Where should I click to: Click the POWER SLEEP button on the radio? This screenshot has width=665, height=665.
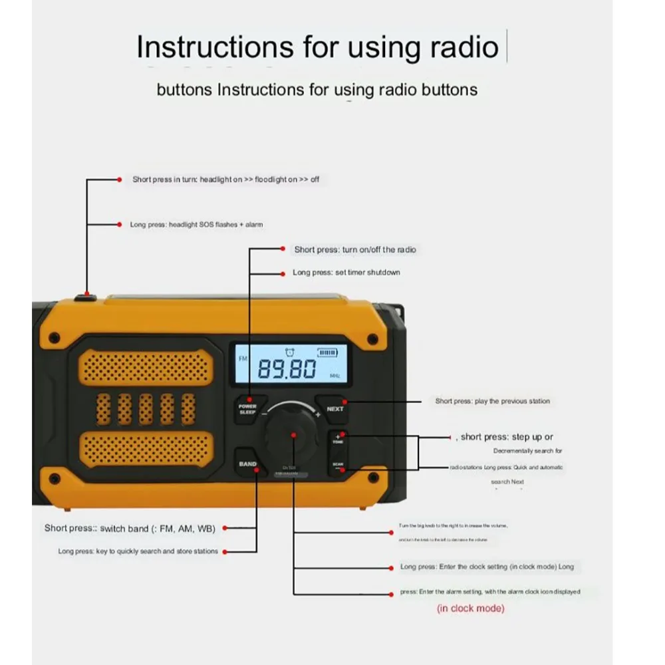pyautogui.click(x=248, y=409)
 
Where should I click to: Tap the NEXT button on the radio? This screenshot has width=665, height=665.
pyautogui.click(x=334, y=408)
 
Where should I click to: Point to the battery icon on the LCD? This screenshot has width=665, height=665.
pyautogui.click(x=327, y=354)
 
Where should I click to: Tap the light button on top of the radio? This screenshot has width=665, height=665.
pyautogui.click(x=85, y=297)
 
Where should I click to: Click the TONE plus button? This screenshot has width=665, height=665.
pyautogui.click(x=338, y=439)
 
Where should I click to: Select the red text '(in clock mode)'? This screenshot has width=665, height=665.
pyautogui.click(x=470, y=608)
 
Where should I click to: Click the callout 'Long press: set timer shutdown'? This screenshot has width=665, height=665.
pyautogui.click(x=346, y=273)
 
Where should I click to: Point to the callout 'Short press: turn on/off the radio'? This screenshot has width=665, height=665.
pyautogui.click(x=355, y=249)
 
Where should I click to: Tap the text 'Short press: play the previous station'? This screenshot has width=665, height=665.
pyautogui.click(x=492, y=401)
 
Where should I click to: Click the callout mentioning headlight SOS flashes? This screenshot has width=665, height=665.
pyautogui.click(x=196, y=225)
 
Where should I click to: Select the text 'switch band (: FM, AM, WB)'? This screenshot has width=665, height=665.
pyautogui.click(x=158, y=528)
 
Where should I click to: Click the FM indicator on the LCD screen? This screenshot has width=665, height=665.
pyautogui.click(x=242, y=358)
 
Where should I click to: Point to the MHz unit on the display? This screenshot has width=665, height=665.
pyautogui.click(x=334, y=376)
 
